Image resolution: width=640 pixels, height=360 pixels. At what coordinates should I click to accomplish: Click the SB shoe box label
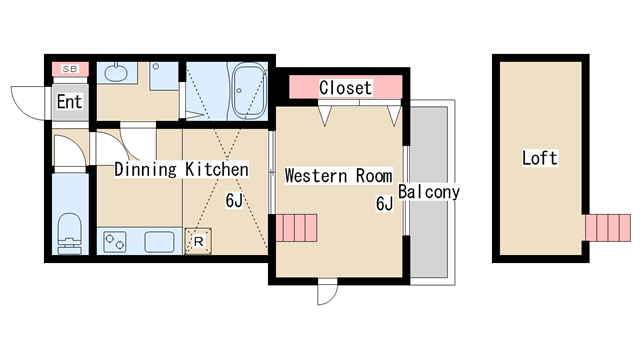(70, 69)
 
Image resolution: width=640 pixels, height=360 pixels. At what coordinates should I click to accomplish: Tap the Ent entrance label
(69, 102)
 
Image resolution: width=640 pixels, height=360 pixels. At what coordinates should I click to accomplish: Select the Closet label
(345, 88)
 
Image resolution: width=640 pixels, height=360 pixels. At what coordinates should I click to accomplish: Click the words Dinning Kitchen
(181, 169)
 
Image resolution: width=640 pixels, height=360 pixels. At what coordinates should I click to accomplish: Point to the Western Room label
(338, 176)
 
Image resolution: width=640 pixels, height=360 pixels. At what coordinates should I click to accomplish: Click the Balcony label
(429, 192)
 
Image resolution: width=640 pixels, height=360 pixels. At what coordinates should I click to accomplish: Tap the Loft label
(540, 158)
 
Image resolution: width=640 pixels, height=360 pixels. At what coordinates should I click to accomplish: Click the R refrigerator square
(198, 241)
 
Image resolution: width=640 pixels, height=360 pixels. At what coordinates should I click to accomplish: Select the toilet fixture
(70, 233)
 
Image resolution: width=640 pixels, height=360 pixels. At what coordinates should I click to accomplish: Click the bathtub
(248, 91)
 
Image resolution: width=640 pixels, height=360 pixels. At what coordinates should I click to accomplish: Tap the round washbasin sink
(116, 72)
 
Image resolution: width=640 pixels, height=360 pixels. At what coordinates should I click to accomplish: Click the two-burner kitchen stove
(115, 242)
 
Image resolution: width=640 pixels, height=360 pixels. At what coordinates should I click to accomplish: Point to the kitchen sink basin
(159, 242)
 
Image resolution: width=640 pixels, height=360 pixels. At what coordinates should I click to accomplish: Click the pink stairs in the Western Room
(296, 228)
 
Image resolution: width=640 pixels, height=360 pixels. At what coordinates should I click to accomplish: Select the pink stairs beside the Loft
(608, 228)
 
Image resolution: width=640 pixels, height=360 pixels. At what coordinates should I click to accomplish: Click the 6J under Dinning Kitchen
(234, 200)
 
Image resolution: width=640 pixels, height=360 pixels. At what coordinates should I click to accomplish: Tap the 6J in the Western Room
(384, 203)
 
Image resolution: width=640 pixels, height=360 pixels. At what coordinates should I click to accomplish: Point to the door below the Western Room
(328, 291)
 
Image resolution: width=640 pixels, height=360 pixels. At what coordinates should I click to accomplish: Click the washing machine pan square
(164, 76)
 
